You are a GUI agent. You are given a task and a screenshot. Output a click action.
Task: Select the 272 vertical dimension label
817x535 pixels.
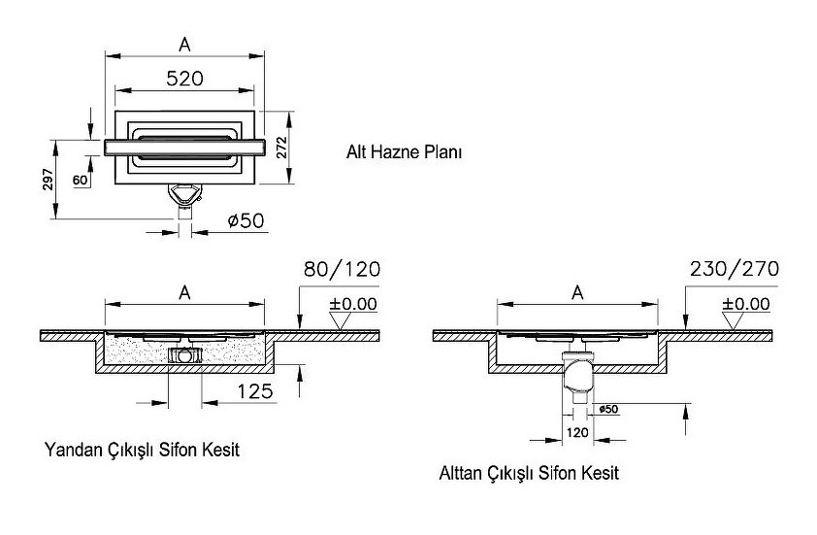pos(281,147)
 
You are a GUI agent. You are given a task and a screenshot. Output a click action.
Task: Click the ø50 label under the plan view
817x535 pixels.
pos(245,220)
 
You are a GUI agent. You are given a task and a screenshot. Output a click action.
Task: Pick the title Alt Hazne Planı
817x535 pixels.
pos(404,152)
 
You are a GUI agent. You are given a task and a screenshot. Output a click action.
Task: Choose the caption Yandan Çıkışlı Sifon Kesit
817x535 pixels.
pos(142,451)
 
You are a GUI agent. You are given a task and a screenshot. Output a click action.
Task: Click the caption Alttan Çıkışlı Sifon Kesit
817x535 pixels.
pos(528,473)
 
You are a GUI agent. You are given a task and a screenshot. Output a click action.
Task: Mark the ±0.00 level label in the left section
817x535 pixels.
pos(352,304)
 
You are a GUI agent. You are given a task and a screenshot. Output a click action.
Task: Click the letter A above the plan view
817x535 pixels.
pos(184,44)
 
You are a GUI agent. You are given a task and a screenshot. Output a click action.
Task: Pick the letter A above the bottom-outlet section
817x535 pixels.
pos(577,291)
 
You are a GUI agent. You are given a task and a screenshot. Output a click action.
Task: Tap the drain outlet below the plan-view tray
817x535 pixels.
pos(184,197)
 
